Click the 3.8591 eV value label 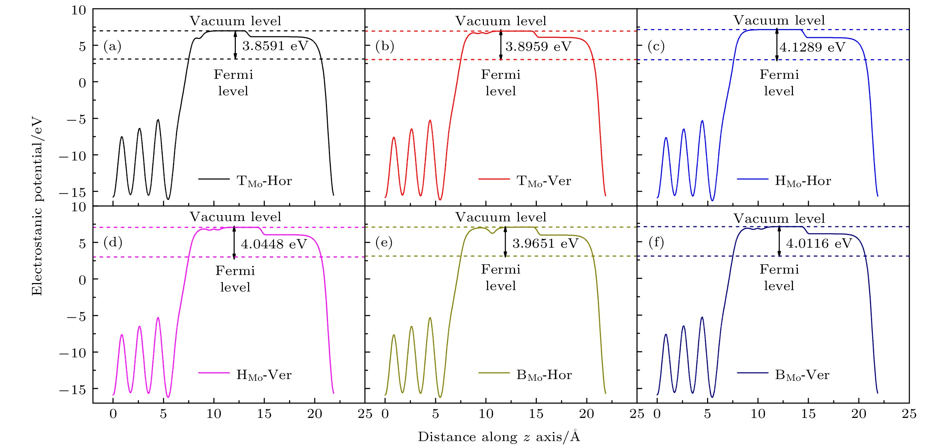275,46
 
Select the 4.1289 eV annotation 812,47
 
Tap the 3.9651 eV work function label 545,243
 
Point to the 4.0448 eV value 274,244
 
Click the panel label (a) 112,46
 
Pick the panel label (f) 656,242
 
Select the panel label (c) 656,46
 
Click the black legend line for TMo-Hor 214,179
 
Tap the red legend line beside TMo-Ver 494,179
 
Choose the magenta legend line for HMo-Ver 214,373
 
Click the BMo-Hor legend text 544,375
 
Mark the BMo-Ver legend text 802,375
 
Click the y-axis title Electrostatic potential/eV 37,206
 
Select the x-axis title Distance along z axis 499,436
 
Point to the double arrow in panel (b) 501,45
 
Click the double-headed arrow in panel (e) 505,242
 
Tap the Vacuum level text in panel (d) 235,217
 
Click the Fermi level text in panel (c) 779,83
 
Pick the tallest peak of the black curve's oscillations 158,120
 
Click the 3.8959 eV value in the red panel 538,47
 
